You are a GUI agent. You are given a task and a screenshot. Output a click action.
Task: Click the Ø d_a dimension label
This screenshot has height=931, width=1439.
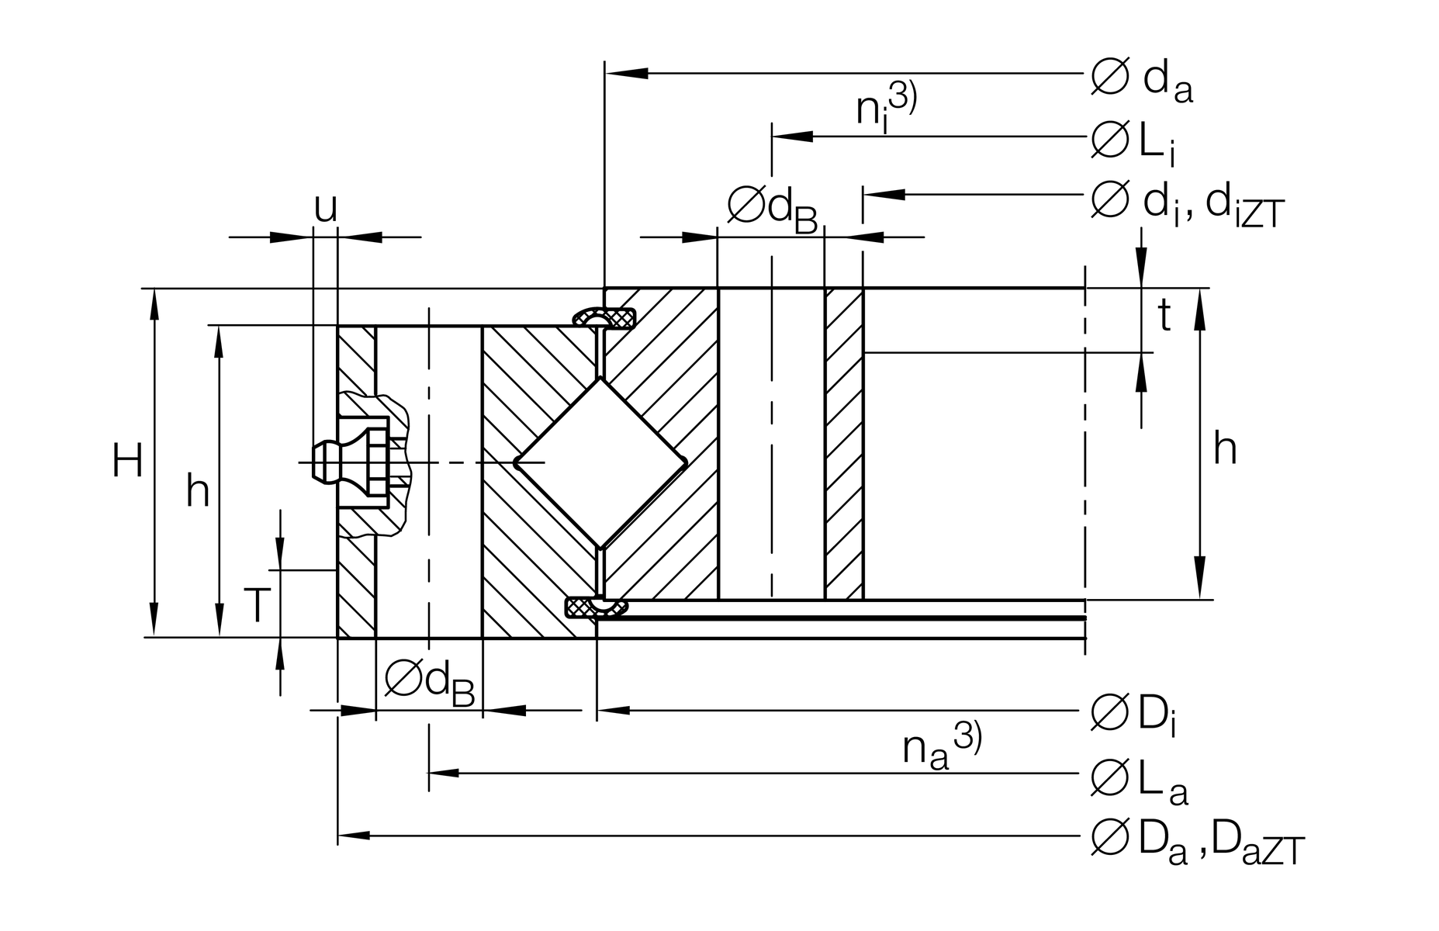[1141, 80]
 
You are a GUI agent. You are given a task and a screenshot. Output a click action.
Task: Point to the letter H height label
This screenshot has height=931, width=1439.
[127, 462]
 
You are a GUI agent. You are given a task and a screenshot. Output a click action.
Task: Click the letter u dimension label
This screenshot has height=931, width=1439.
[326, 207]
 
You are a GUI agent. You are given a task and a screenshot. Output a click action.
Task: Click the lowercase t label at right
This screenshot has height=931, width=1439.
[1164, 316]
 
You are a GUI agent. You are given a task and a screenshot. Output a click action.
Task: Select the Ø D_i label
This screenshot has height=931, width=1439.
[1133, 715]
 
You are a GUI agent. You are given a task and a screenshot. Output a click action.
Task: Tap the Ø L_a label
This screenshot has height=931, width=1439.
[1138, 779]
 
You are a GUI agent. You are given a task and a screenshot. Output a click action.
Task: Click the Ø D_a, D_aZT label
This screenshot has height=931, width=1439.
[1197, 840]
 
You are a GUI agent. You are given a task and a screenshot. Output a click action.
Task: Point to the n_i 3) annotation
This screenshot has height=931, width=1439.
[885, 106]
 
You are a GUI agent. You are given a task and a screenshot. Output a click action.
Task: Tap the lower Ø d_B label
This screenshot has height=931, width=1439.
[429, 682]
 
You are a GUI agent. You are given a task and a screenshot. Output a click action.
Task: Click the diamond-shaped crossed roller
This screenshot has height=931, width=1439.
[601, 463]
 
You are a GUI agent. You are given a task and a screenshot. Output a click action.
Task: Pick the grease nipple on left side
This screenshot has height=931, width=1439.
[349, 462]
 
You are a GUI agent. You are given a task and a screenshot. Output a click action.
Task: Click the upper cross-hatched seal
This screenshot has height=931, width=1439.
[605, 318]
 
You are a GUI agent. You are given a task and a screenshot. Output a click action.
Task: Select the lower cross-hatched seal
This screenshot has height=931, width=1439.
[596, 607]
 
